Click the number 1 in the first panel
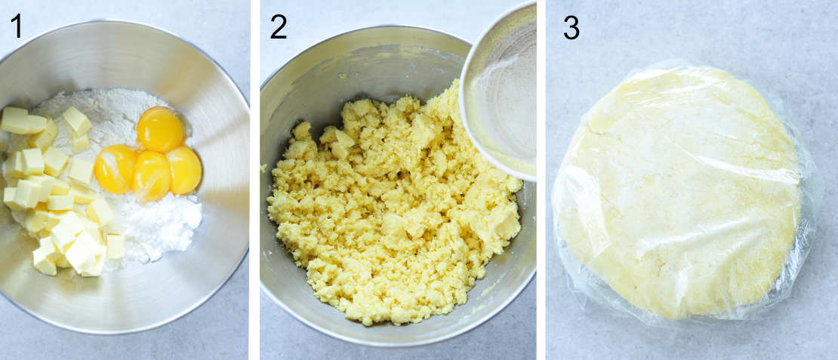click(16, 26)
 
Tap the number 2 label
click(279, 27)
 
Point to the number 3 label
click(572, 28)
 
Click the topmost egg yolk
click(161, 129)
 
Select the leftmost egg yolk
click(116, 168)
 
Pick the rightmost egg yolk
click(184, 170)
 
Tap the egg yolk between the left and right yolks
click(152, 175)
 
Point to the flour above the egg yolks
click(113, 113)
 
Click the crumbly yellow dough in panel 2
click(393, 211)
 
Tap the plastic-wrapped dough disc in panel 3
click(679, 192)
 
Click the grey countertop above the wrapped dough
click(679, 30)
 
